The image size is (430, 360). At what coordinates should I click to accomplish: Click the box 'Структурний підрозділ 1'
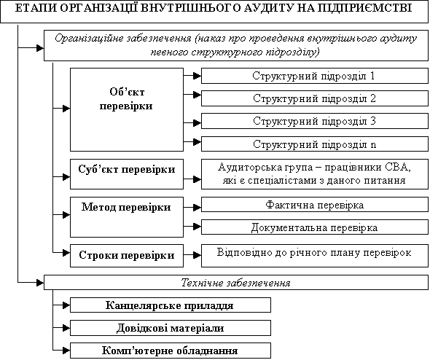(x=315, y=76)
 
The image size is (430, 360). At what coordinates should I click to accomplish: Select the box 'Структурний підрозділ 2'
(x=315, y=98)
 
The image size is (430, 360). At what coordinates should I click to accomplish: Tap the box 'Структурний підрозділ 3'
(x=315, y=121)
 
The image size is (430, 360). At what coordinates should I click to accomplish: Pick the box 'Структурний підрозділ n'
(x=315, y=144)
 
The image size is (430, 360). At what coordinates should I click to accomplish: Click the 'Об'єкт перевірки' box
(x=127, y=109)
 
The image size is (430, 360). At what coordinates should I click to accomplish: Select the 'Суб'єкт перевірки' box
(x=127, y=174)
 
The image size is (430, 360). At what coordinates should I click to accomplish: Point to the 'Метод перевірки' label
(x=126, y=207)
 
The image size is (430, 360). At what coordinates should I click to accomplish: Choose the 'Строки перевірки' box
(x=127, y=256)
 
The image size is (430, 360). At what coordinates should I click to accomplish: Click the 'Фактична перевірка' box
(x=315, y=206)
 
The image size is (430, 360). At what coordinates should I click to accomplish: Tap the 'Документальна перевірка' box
(x=315, y=227)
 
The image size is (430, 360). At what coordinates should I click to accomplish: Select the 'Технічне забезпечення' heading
(x=236, y=283)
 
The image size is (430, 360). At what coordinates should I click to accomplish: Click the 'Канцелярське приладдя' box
(x=171, y=305)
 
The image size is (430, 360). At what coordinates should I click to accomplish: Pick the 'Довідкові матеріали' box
(x=171, y=328)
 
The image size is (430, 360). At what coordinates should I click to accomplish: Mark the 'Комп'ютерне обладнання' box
(x=171, y=351)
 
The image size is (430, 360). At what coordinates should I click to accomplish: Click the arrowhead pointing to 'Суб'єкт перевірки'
(x=66, y=177)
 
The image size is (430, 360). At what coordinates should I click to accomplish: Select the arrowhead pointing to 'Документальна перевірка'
(x=198, y=227)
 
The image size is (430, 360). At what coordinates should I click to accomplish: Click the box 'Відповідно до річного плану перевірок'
(x=315, y=256)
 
